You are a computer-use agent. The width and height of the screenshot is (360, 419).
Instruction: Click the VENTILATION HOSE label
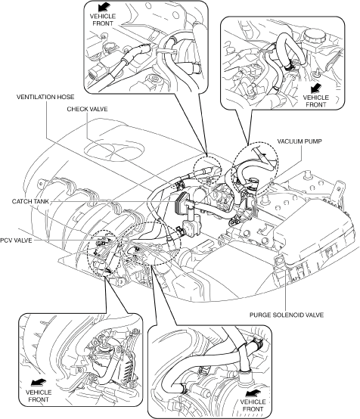point(45,97)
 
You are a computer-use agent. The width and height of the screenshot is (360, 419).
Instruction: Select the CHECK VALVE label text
point(87,109)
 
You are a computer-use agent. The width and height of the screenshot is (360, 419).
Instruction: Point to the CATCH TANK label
point(30,201)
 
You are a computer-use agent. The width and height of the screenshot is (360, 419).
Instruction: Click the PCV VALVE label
point(16,241)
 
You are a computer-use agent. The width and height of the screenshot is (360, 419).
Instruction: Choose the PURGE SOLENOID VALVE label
point(287,315)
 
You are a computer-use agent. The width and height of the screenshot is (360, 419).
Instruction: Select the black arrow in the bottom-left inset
point(39,383)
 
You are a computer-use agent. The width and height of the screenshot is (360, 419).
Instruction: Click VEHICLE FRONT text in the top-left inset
point(103,20)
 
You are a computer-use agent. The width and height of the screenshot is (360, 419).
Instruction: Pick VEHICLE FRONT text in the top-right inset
point(316,101)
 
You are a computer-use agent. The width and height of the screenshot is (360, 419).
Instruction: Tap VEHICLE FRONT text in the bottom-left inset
point(39,396)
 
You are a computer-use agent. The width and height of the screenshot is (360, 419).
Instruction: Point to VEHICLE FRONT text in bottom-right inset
point(253,405)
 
